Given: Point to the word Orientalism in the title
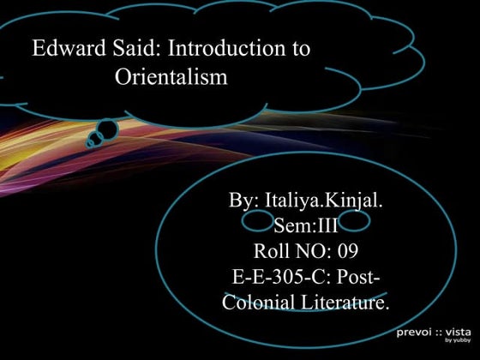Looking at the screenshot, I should [x=171, y=78].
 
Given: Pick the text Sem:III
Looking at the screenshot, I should [x=305, y=226].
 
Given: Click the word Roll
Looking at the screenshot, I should [x=273, y=252].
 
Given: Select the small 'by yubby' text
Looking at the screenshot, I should [x=458, y=340].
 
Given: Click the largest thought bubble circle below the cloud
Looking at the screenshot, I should [x=106, y=129].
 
